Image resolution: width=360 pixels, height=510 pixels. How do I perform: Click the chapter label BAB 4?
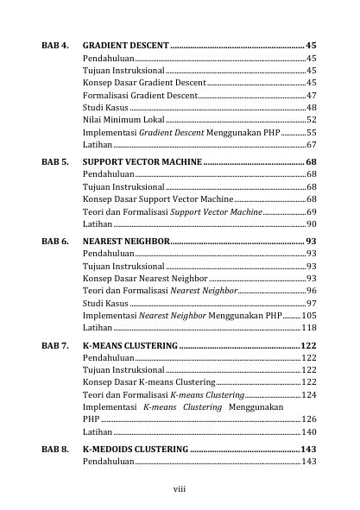tap(54, 44)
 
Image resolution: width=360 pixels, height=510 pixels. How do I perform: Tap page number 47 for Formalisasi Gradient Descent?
tap(311, 95)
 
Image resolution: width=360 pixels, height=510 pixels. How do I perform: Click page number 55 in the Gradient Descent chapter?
tap(311, 134)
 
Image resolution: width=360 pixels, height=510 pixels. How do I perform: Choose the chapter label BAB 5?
tap(54, 161)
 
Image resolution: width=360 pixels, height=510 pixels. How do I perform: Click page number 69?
tap(311, 211)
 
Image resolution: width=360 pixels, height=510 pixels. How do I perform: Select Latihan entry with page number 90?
tap(98, 224)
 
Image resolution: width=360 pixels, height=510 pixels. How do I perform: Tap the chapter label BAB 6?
tap(54, 241)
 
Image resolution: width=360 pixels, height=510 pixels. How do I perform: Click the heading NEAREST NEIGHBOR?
tap(126, 241)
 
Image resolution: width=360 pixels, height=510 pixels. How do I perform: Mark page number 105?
tap(308, 316)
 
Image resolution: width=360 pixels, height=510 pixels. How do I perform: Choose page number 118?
tap(308, 329)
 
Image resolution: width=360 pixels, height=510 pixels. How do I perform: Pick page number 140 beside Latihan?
tap(308, 431)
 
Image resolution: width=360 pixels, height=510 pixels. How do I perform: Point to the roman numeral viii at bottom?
tap(180, 488)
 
